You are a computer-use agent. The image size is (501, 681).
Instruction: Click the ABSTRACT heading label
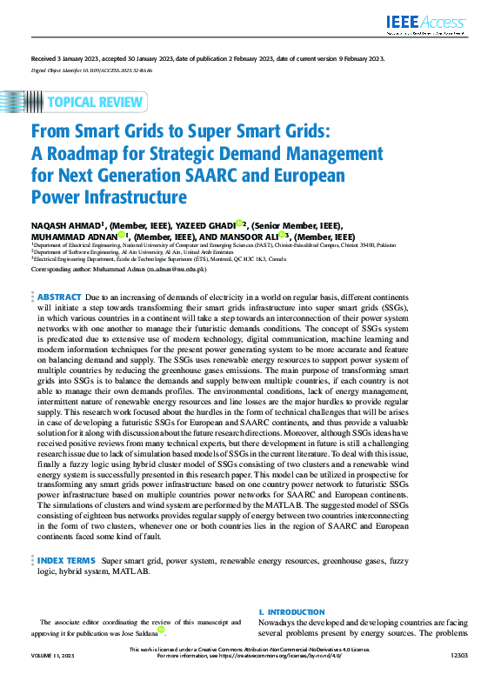[x=59, y=297]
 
